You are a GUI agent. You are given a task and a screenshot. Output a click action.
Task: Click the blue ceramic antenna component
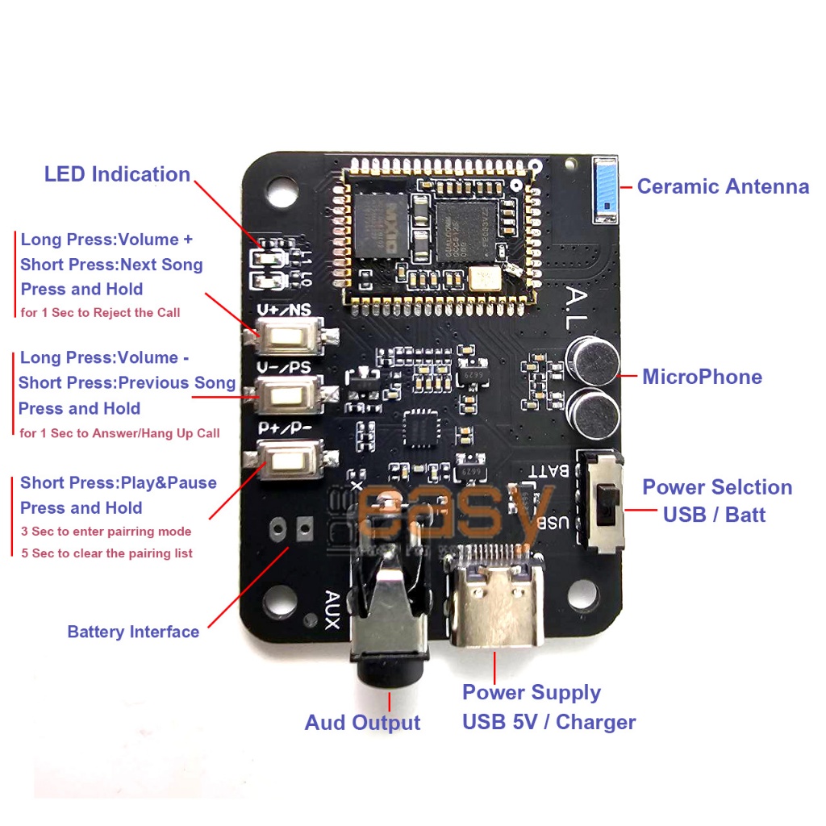point(605,190)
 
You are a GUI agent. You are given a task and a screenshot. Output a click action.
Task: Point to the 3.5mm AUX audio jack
point(390,621)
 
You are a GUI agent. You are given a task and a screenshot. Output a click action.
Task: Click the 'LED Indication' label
point(117,174)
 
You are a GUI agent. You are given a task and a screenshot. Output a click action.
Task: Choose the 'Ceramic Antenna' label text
point(723,187)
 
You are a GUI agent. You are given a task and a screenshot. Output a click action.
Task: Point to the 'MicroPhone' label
point(702,377)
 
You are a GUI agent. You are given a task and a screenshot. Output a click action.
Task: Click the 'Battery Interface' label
point(133,632)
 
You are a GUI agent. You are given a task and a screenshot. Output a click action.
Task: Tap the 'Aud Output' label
point(362,723)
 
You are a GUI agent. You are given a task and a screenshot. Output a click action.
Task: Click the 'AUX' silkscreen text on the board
point(332,610)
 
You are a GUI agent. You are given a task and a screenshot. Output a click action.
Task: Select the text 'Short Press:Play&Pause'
point(119,483)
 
